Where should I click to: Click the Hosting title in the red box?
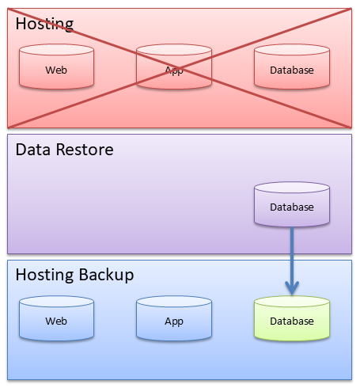click(44, 23)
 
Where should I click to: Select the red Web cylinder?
click(56, 70)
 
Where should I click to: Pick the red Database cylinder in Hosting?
click(292, 70)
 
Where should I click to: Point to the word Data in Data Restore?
click(33, 150)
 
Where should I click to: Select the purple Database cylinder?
click(292, 207)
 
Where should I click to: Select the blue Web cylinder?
click(56, 321)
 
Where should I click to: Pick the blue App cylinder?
click(174, 321)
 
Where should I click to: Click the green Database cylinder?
click(292, 321)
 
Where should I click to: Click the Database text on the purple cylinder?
click(292, 207)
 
